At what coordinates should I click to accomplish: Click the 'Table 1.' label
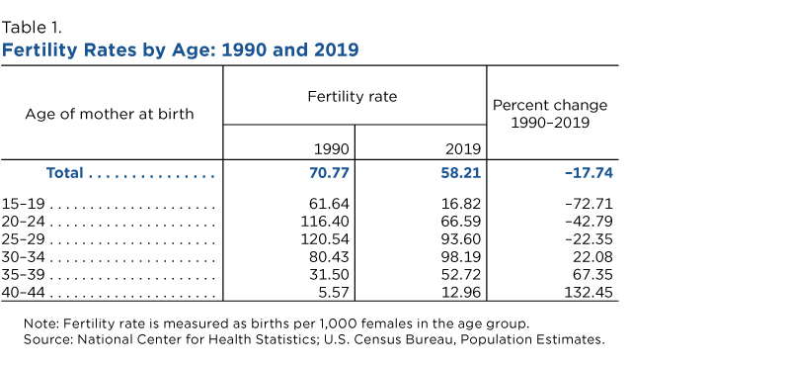[32, 28]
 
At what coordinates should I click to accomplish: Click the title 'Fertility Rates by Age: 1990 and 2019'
[180, 50]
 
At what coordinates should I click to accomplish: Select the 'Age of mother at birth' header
[110, 114]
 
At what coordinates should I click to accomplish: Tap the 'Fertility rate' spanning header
[353, 96]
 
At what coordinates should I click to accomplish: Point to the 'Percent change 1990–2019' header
[550, 114]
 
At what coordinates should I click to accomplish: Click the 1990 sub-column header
[332, 149]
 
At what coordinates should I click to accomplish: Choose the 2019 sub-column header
[463, 149]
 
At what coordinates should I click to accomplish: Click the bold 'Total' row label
[64, 173]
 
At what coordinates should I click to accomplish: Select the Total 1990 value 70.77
[328, 173]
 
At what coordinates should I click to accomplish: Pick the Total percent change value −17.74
[589, 173]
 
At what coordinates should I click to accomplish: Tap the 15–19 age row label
[23, 204]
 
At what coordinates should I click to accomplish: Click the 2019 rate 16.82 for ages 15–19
[462, 204]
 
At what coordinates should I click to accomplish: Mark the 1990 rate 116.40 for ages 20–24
[325, 222]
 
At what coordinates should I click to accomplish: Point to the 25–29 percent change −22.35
[590, 238]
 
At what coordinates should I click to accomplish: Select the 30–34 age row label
[23, 257]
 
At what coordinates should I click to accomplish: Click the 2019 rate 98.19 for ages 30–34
[462, 257]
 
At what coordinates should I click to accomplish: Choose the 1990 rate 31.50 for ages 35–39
[330, 275]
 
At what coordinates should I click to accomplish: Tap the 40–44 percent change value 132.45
[591, 292]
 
